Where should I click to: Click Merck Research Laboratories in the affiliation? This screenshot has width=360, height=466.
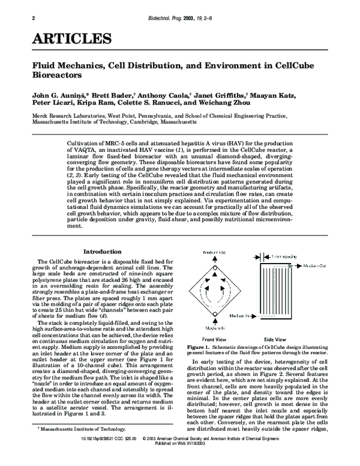[65, 115]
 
